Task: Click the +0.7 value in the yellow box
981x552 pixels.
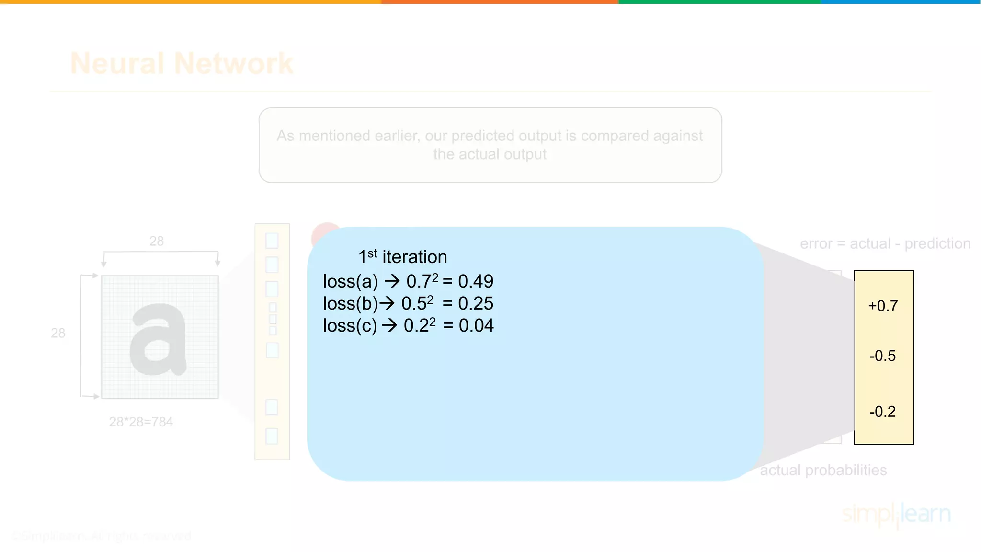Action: [x=883, y=306]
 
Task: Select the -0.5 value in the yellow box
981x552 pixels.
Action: [x=882, y=356]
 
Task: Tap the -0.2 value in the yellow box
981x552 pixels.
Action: [x=882, y=412]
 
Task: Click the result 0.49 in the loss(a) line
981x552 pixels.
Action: [x=476, y=281]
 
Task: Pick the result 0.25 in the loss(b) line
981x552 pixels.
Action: [x=476, y=303]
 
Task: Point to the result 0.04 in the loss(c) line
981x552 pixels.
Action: [x=476, y=325]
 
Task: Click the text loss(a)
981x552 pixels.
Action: [x=351, y=281]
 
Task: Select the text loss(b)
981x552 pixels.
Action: [x=351, y=303]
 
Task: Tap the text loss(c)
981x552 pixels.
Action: [x=350, y=325]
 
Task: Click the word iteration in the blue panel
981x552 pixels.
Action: [x=415, y=257]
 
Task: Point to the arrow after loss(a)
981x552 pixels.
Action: [x=392, y=281]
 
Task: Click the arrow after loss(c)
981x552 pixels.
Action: [x=390, y=325]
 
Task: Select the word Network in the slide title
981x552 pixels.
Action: [x=234, y=63]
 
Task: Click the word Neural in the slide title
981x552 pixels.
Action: [x=117, y=63]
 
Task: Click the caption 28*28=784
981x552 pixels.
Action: [x=141, y=422]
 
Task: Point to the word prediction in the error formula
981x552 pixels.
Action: [x=937, y=244]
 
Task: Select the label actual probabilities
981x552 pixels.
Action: [x=823, y=470]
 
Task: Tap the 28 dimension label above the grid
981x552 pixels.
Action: [x=157, y=241]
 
